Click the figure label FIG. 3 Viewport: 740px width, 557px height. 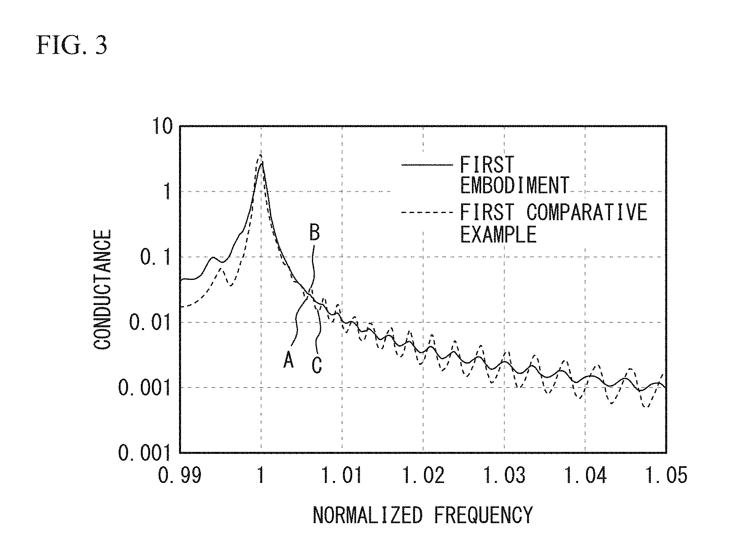[72, 45]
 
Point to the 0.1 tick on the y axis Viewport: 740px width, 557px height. [156, 258]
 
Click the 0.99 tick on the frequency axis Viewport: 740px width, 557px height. [179, 475]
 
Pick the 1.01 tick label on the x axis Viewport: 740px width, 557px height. [342, 475]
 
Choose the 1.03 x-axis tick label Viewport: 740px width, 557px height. [504, 475]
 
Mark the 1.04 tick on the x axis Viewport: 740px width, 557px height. [585, 475]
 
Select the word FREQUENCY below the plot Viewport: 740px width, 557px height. [483, 515]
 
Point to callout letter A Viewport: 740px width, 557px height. [288, 361]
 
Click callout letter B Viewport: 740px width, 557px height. [314, 233]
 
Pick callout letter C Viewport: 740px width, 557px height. [316, 365]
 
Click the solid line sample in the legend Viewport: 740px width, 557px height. [427, 164]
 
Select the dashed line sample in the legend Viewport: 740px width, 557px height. [427, 213]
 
